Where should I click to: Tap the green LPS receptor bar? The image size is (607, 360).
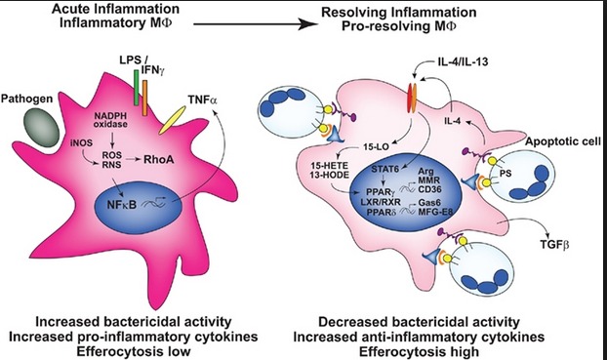click(x=136, y=88)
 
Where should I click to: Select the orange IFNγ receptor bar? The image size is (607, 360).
click(x=144, y=98)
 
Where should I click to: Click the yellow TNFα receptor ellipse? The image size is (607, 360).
click(x=172, y=121)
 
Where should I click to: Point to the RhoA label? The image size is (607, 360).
click(x=159, y=159)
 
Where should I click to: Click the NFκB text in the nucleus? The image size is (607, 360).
click(x=122, y=204)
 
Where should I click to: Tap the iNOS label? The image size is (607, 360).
click(x=82, y=143)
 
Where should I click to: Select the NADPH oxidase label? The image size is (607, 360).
click(x=110, y=120)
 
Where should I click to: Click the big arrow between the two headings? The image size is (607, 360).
click(x=256, y=24)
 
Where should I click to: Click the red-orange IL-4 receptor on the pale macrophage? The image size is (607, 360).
click(x=412, y=98)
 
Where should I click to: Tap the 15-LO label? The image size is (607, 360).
click(x=377, y=147)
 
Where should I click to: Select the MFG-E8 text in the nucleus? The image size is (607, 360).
click(x=435, y=212)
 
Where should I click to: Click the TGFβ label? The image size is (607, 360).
click(x=554, y=244)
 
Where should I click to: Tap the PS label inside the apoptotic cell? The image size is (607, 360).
click(x=506, y=174)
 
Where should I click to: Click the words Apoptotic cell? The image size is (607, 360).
click(x=563, y=142)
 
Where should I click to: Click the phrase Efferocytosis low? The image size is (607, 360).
click(x=134, y=351)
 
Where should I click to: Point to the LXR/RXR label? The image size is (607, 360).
click(x=381, y=202)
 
